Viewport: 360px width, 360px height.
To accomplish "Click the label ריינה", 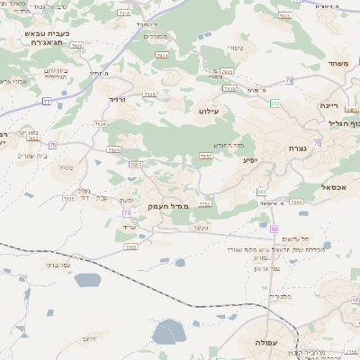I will (x=328, y=105).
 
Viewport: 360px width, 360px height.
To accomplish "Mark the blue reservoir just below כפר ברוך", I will (x=86, y=281).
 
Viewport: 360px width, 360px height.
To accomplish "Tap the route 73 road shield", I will (x=126, y=212).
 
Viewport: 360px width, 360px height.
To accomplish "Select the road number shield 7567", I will (x=205, y=157).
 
